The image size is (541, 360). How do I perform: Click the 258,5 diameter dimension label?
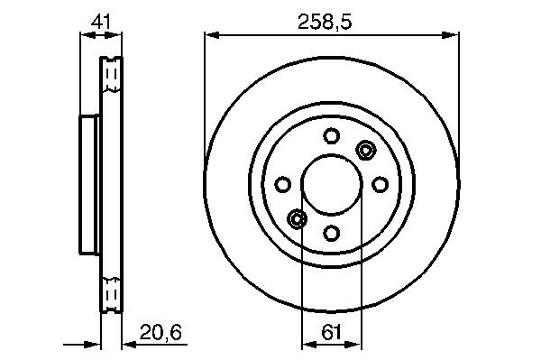point(325,23)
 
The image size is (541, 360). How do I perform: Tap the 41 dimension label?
point(101,23)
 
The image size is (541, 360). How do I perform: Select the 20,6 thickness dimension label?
point(160,333)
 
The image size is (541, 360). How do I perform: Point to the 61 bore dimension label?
point(331,333)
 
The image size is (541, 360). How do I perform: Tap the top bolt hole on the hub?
point(331,135)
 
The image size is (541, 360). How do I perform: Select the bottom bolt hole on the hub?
point(331,234)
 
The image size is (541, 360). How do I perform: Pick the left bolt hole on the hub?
point(282,184)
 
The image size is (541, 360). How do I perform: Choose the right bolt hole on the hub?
point(380,184)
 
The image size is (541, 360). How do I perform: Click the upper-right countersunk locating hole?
point(365,150)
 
